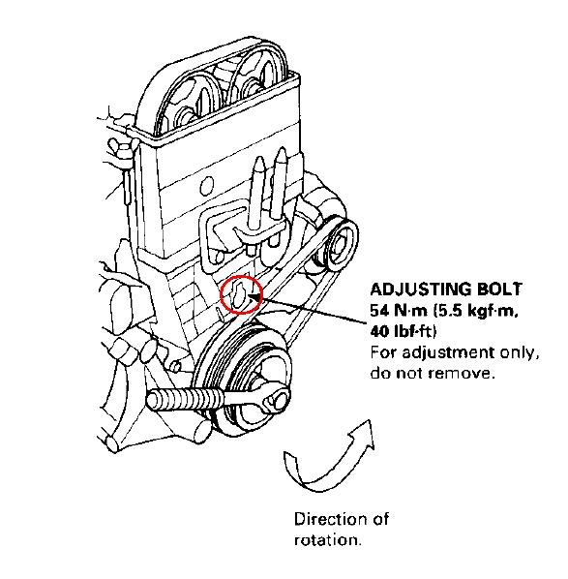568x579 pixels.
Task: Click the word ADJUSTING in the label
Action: click(x=414, y=289)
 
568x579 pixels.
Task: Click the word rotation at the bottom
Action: click(x=327, y=539)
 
